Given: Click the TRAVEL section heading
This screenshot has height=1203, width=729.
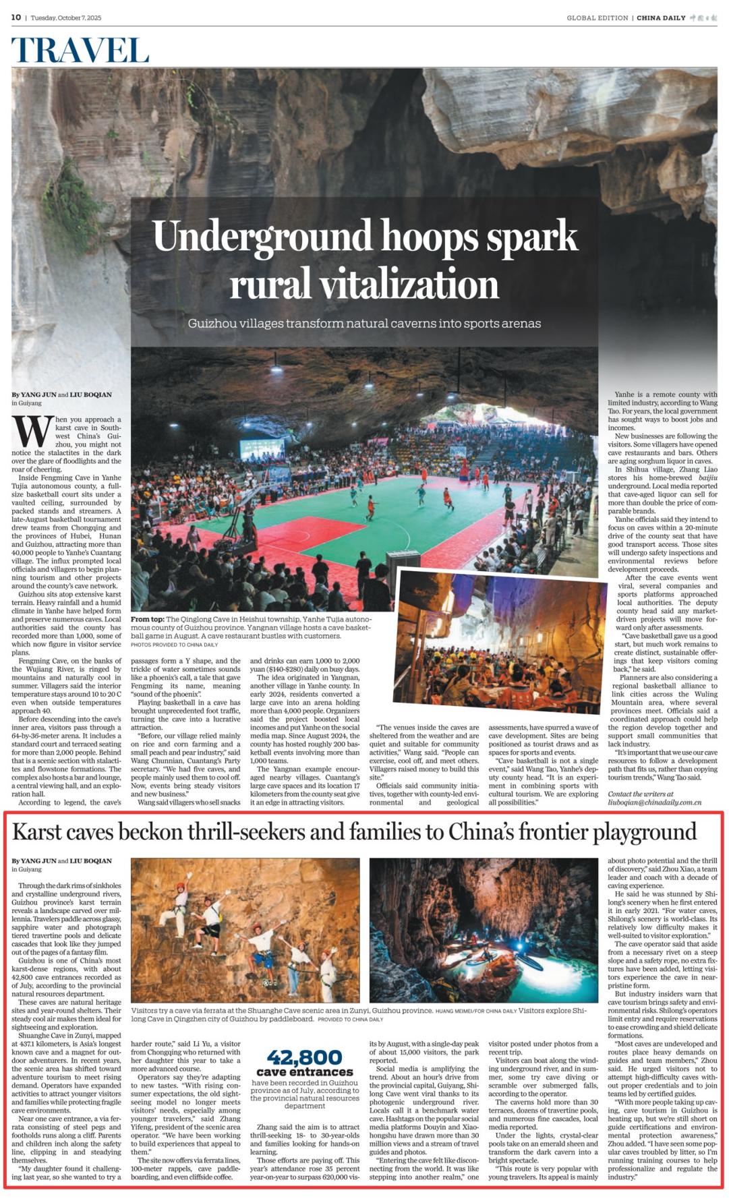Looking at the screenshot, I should point(80,51).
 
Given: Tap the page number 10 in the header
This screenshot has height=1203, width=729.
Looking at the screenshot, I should point(16,18).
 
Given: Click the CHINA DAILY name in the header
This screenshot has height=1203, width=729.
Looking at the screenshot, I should point(661,18).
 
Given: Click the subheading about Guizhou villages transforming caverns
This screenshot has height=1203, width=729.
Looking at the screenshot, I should point(364,324).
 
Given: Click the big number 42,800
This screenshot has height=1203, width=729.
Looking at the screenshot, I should point(304,1057).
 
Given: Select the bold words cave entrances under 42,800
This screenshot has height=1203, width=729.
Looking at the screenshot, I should point(304,1072).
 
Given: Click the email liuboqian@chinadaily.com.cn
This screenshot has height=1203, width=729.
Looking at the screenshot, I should point(655,802).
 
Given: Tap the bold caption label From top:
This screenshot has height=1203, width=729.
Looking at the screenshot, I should point(147,619).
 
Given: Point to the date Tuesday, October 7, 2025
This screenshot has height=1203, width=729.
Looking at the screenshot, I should point(66,18).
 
